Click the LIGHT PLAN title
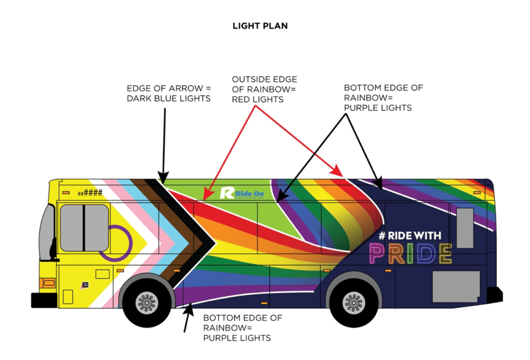[260, 26]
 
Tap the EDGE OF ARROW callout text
[169, 93]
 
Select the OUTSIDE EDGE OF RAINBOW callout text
[264, 89]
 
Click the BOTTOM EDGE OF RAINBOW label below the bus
[242, 328]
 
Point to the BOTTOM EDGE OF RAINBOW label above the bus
[383, 97]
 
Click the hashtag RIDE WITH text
[409, 236]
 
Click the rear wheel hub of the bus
[354, 302]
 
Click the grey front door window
[84, 228]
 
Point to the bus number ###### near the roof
[90, 193]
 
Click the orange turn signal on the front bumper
[48, 283]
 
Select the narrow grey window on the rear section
[464, 228]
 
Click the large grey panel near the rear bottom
[456, 286]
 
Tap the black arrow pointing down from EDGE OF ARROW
[164, 145]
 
